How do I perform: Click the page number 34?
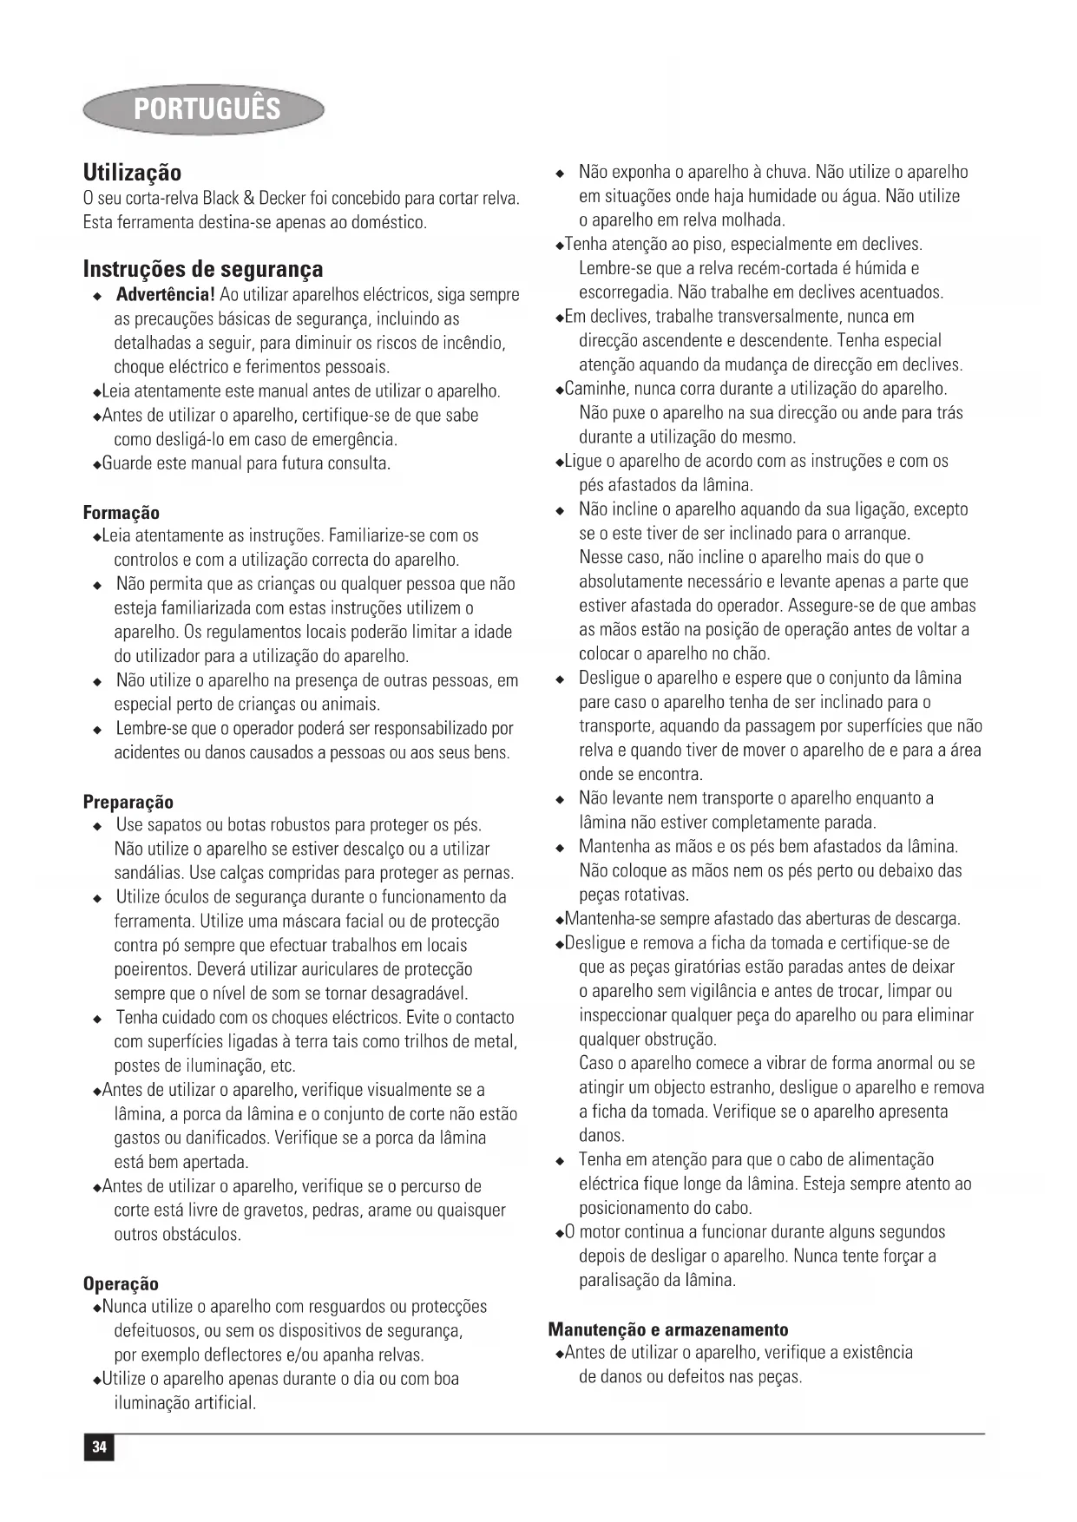coord(99,1447)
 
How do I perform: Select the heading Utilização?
coord(132,172)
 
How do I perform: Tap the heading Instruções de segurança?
coord(203,269)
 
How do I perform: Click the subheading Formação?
coord(121,513)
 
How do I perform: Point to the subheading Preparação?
coord(128,802)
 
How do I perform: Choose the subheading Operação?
coord(121,1283)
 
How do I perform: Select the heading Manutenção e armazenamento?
coord(668,1329)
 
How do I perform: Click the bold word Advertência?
coord(165,295)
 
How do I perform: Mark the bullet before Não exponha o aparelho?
coord(561,173)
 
